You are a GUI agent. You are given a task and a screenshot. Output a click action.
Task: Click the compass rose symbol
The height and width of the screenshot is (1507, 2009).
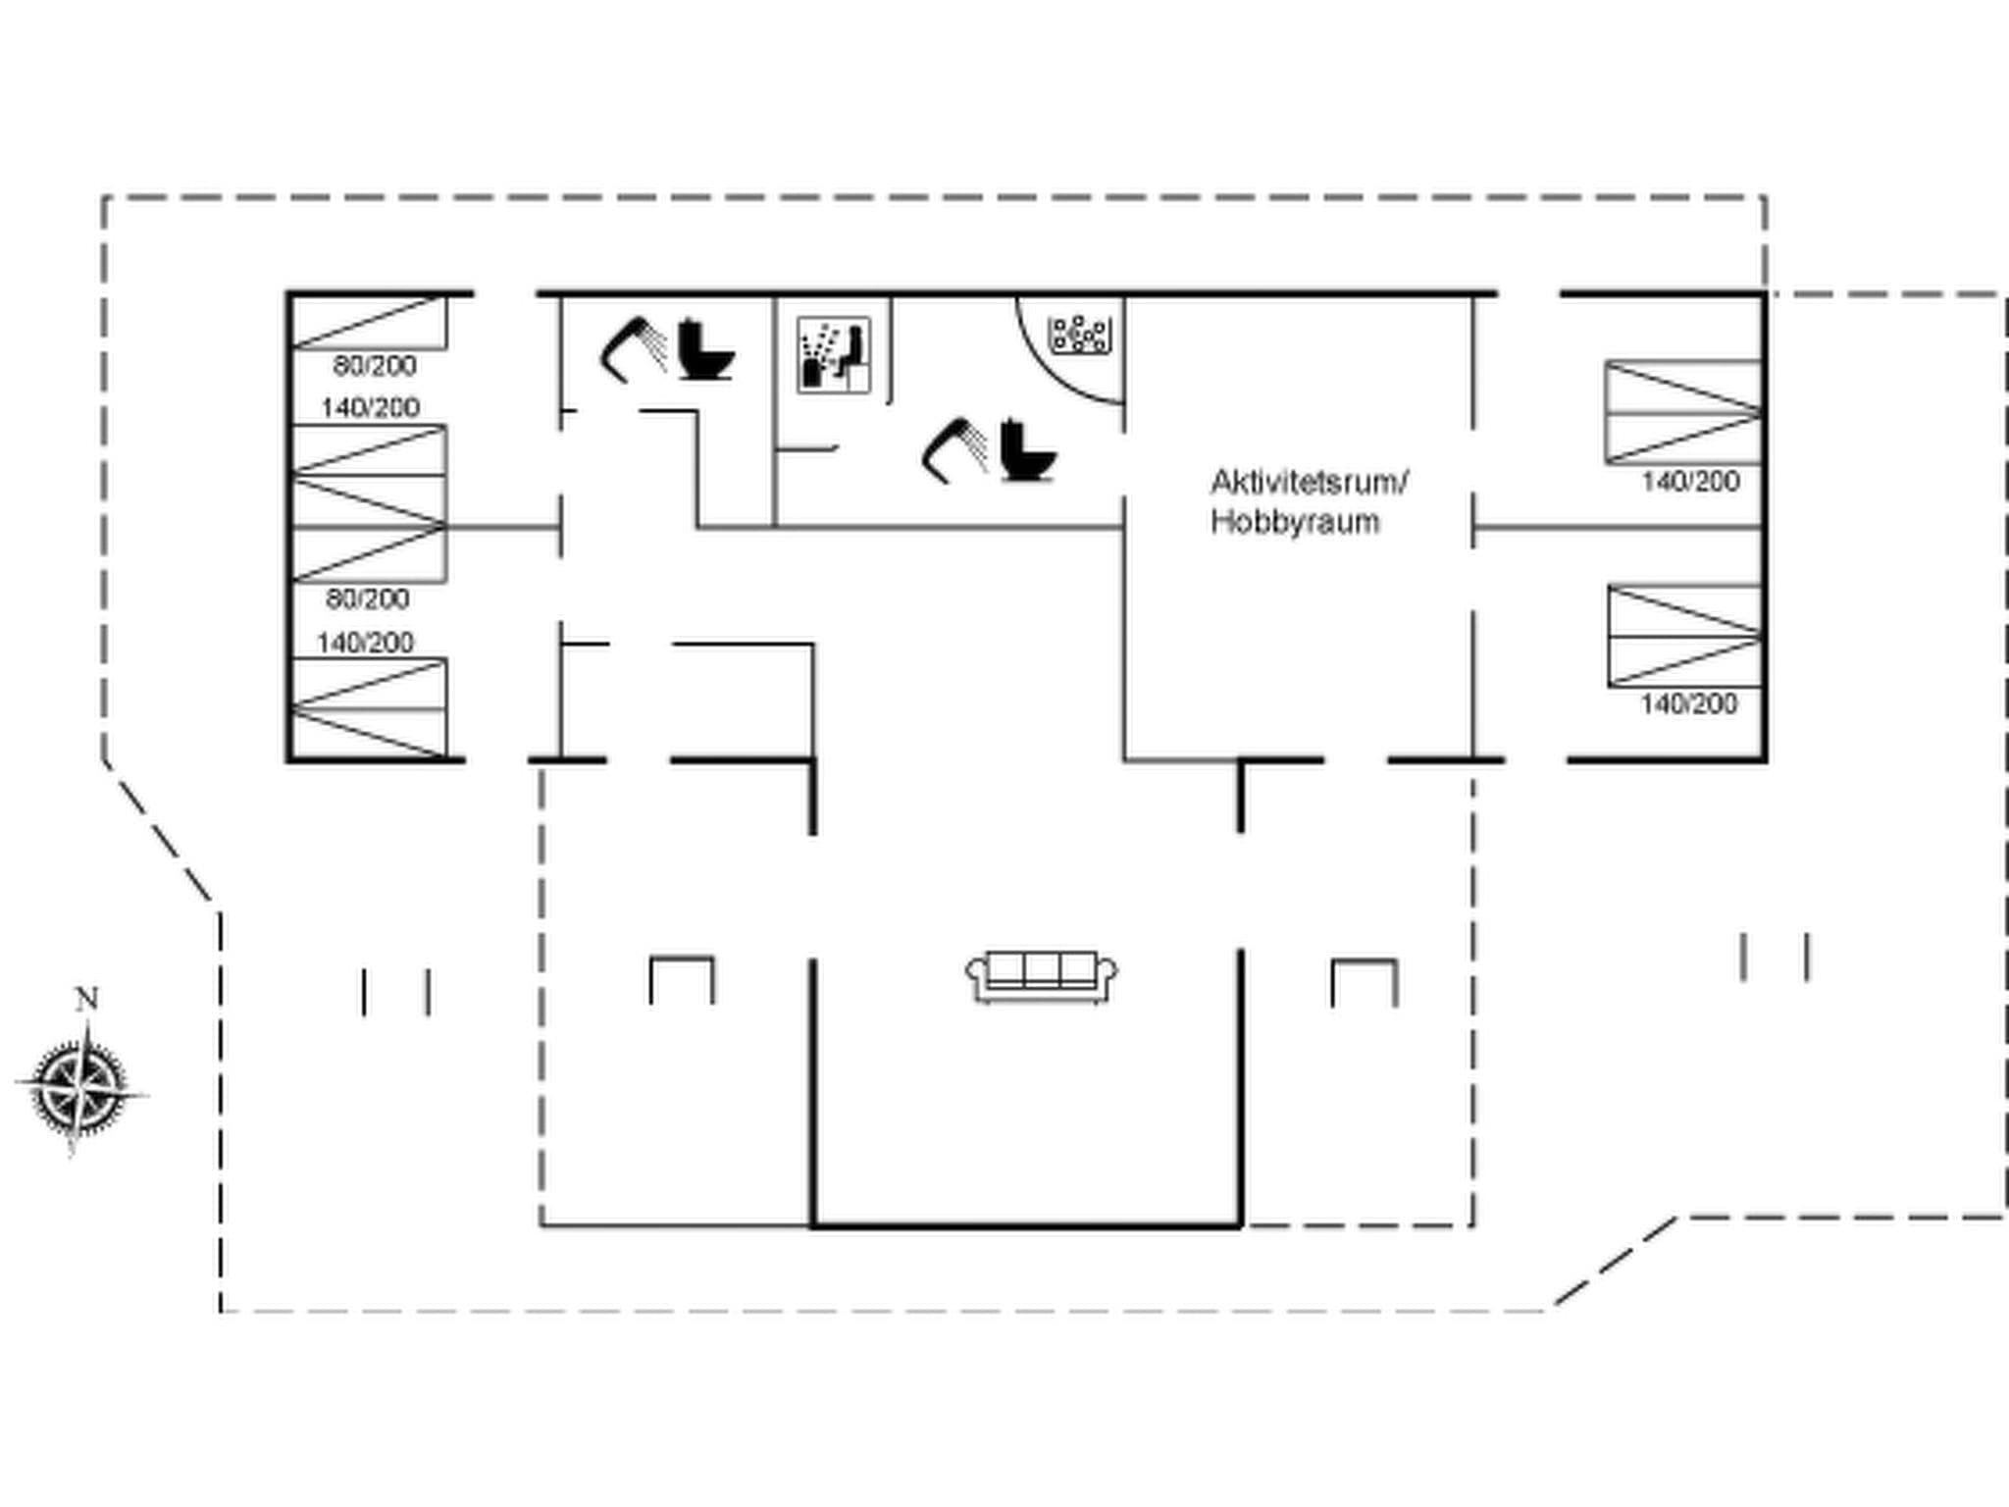(80, 1089)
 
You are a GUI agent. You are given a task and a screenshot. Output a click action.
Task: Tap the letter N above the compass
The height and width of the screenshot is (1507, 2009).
(86, 999)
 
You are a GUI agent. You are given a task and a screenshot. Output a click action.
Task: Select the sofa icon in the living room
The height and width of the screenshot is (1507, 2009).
(1041, 976)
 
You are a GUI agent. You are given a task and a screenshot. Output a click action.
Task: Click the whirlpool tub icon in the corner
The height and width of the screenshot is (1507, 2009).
(1079, 335)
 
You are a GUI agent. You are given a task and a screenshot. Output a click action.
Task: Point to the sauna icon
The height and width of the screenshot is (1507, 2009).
(833, 355)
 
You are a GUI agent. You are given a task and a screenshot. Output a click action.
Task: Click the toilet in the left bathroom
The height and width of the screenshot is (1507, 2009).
(704, 350)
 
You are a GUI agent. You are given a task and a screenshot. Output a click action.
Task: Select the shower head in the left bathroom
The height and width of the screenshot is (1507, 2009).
(633, 349)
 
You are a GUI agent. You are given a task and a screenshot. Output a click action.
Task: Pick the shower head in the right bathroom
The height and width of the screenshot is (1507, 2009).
(953, 450)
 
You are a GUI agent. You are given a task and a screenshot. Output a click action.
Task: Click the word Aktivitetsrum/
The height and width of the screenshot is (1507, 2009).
(1309, 482)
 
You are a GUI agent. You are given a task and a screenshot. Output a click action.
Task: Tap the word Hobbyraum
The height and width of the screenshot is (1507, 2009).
(1294, 521)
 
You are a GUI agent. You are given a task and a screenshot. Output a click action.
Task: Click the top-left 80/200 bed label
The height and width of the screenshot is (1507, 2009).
(375, 366)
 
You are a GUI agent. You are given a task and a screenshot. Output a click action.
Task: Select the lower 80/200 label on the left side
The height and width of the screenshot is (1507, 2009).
(368, 598)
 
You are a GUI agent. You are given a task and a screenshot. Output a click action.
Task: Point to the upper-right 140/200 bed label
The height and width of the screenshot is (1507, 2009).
(1689, 482)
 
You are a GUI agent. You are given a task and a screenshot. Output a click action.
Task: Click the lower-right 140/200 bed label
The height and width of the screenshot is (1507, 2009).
(1688, 703)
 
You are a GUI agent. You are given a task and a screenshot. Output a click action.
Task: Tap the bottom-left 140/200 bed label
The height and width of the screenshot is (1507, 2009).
(365, 643)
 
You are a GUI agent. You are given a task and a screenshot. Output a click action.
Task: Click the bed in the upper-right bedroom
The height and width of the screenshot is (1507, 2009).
(1681, 412)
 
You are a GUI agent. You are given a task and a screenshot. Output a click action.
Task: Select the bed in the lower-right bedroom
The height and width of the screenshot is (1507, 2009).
(1683, 636)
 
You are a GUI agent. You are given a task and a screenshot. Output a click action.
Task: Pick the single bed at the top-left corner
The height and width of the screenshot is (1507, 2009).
(370, 322)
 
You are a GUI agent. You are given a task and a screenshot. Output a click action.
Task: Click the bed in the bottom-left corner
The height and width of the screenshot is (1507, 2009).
(370, 708)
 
